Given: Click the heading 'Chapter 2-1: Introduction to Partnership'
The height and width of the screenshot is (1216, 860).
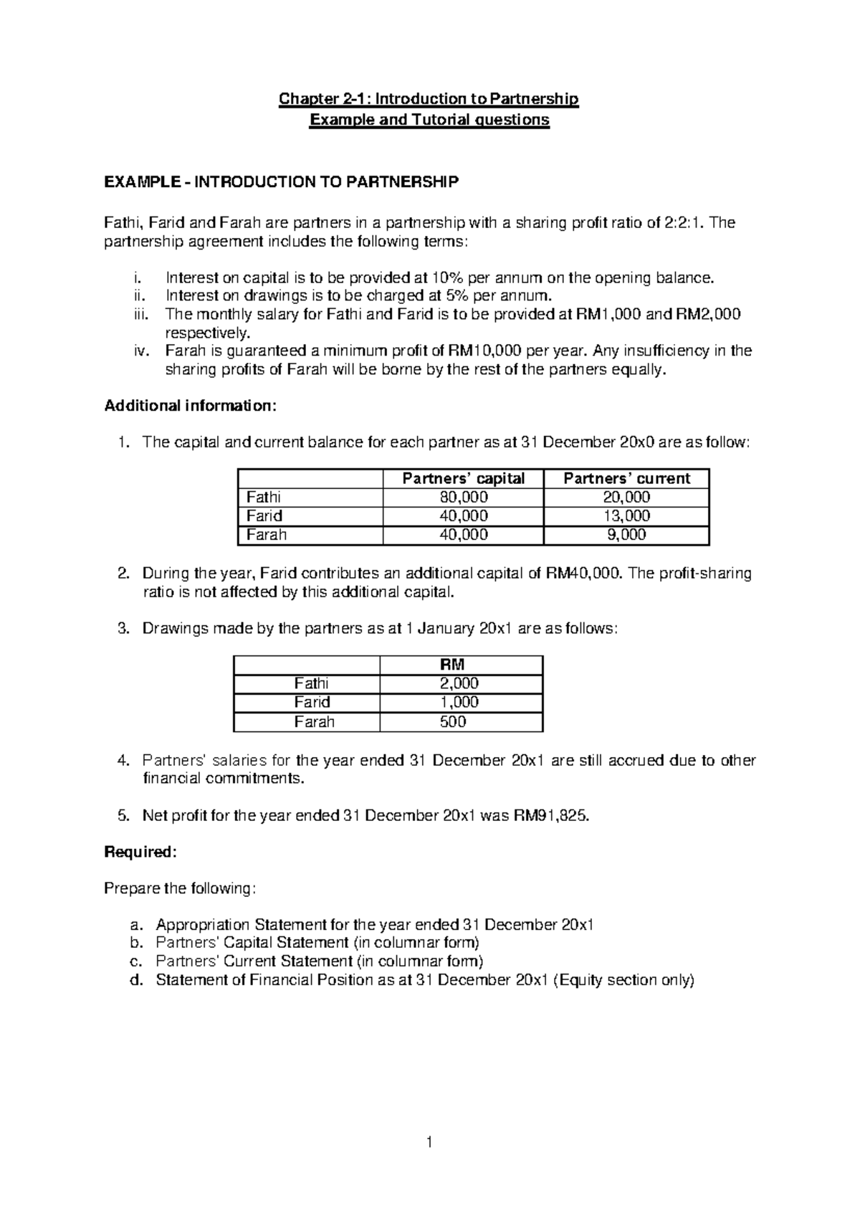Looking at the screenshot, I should (429, 99).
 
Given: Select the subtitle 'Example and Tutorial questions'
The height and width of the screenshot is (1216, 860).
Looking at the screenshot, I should (429, 120).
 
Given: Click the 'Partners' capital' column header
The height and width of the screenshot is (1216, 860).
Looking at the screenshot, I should (463, 478).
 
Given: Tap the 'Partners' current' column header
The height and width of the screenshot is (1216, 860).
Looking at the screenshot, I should (626, 478).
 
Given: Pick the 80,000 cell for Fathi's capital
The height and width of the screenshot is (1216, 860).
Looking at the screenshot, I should (463, 498).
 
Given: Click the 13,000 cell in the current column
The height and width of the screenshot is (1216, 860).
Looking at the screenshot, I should (626, 516).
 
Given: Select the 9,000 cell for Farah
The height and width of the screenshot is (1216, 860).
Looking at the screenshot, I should (626, 535).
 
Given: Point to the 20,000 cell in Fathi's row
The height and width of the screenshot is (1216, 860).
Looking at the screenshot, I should (626, 498).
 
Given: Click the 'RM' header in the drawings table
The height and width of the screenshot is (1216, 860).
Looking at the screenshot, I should (459, 665).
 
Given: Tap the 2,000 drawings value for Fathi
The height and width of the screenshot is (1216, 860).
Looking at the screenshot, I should (459, 683).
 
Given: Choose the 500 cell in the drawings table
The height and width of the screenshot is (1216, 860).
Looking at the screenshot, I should (453, 722).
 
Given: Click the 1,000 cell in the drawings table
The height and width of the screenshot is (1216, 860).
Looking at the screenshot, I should (459, 703).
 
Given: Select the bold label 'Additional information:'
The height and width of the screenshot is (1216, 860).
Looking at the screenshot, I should (189, 406).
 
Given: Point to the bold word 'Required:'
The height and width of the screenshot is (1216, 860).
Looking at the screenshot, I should (140, 852).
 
